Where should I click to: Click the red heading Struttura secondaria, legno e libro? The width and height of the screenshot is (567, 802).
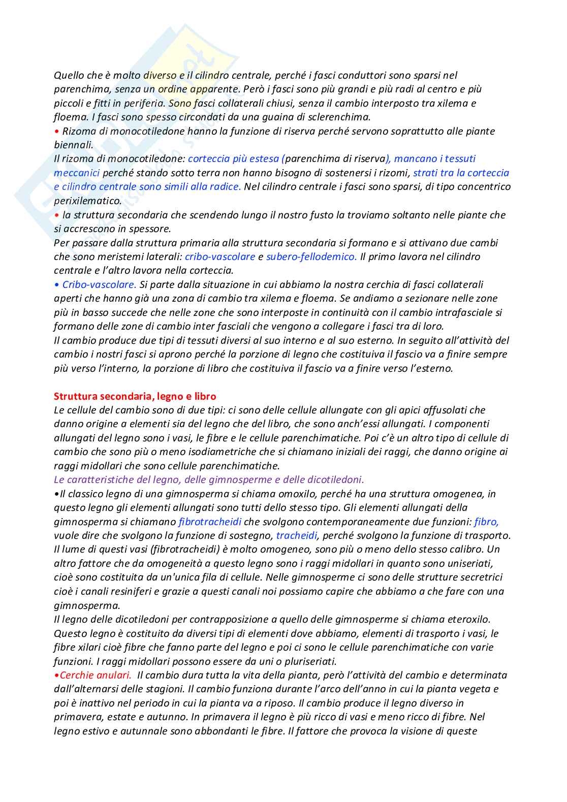point(135,396)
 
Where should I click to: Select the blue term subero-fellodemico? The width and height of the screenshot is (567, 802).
point(311,256)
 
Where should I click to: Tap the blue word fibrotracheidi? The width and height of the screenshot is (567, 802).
point(210,522)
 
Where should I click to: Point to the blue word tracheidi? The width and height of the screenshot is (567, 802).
point(297,535)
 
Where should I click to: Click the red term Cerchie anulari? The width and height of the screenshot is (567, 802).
point(95,675)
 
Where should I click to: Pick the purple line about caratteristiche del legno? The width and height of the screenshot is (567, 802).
point(209,479)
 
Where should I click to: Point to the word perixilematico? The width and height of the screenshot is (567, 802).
point(87,201)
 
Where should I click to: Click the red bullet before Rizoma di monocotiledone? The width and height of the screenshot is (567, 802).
point(56,131)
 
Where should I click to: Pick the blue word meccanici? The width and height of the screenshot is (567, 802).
point(77,173)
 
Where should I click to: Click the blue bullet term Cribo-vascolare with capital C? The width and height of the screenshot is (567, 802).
point(99,284)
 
